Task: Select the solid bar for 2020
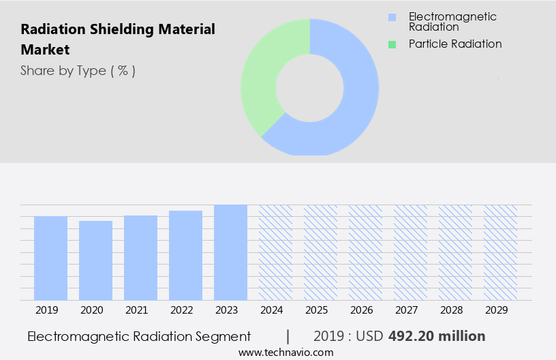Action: tap(95, 260)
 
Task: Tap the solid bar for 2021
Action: tap(140, 258)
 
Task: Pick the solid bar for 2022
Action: tap(185, 255)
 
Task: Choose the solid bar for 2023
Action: tap(230, 252)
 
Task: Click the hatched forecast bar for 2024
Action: tap(275, 252)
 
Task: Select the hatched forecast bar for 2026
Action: tap(365, 252)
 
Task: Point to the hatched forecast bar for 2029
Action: tap(500, 252)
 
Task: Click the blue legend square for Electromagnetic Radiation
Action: tap(391, 17)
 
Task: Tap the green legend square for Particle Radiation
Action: tap(391, 44)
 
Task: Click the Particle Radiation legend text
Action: tap(454, 44)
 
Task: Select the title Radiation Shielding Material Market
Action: tap(117, 40)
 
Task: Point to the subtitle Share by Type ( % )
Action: tap(78, 71)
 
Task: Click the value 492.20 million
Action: tap(437, 336)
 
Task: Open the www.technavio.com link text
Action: tap(285, 352)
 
